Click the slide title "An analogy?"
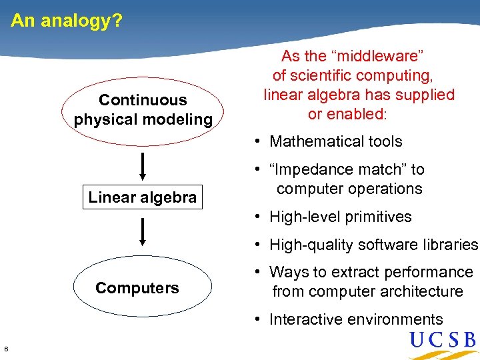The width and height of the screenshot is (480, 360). click(67, 21)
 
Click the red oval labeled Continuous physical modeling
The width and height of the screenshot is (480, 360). click(143, 110)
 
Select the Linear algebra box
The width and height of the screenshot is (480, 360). click(142, 197)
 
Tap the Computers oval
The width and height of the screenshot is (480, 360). click(137, 288)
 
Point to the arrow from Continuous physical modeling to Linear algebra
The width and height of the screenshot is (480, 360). click(143, 165)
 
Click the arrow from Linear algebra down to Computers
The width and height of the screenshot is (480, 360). click(143, 232)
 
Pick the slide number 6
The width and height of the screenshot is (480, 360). click(6, 349)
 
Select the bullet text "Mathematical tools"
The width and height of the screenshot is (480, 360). click(335, 141)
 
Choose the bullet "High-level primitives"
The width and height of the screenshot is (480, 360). click(340, 217)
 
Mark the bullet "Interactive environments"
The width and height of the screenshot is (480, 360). click(355, 319)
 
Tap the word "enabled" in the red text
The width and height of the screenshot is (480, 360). click(355, 114)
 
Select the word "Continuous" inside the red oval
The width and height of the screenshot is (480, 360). click(143, 100)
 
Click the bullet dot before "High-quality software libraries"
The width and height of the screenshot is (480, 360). click(257, 245)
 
